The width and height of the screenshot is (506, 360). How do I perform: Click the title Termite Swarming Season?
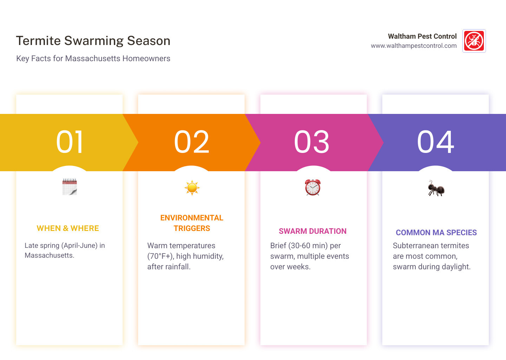pyautogui.click(x=93, y=41)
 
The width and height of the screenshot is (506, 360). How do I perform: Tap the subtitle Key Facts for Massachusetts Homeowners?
pyautogui.click(x=93, y=58)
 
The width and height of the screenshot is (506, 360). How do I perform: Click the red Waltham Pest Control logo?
pyautogui.click(x=474, y=41)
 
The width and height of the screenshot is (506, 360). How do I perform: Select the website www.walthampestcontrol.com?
pyautogui.click(x=414, y=46)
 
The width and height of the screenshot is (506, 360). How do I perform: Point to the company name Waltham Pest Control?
pyautogui.click(x=422, y=36)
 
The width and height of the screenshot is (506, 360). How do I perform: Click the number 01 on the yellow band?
pyautogui.click(x=70, y=142)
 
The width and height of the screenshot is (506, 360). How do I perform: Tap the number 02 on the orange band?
pyautogui.click(x=192, y=142)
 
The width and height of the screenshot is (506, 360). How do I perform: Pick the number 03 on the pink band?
pyautogui.click(x=312, y=142)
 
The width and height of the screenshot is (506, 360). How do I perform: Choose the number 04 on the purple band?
pyautogui.click(x=435, y=142)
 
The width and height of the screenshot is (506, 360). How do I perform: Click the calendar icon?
pyautogui.click(x=70, y=187)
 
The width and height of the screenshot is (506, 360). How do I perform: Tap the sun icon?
pyautogui.click(x=192, y=188)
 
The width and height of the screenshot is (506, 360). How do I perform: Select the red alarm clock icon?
pyautogui.click(x=313, y=187)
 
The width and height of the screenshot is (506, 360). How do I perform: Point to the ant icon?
pyautogui.click(x=436, y=188)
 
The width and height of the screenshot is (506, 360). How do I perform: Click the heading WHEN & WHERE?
pyautogui.click(x=68, y=229)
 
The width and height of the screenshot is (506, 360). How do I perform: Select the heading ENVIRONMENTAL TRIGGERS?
pyautogui.click(x=192, y=223)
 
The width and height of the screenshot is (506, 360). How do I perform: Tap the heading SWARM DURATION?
pyautogui.click(x=313, y=231)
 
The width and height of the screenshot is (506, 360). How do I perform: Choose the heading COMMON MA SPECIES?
pyautogui.click(x=436, y=233)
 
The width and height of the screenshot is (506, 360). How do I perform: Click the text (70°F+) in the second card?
pyautogui.click(x=160, y=256)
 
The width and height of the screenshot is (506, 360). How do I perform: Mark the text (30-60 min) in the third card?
pyautogui.click(x=308, y=246)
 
